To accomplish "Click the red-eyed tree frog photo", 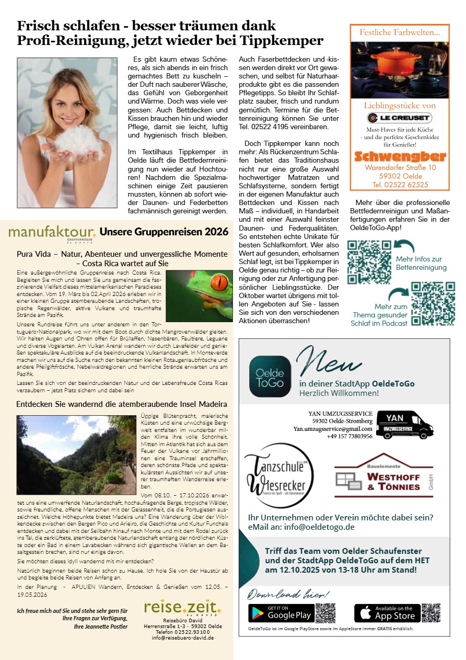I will pyautogui.click(x=199, y=295).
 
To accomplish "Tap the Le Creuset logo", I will pyautogui.click(x=399, y=118).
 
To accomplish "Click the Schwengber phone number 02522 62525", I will pyautogui.click(x=400, y=185).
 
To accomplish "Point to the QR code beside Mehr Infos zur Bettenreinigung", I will pyautogui.click(x=369, y=262).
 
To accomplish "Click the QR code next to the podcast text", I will pyautogui.click(x=433, y=304).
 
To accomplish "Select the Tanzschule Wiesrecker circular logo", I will pyautogui.click(x=279, y=475).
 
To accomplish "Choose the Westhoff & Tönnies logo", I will pyautogui.click(x=377, y=477).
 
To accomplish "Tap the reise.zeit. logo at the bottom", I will pyautogui.click(x=182, y=607).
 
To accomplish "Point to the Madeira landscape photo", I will pyautogui.click(x=76, y=454).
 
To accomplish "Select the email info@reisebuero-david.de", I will pyautogui.click(x=182, y=638).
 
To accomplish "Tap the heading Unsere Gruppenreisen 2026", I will pyautogui.click(x=164, y=232).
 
